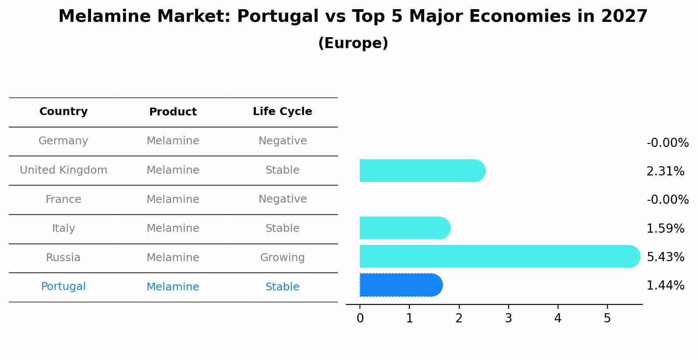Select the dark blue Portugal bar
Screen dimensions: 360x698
click(401, 285)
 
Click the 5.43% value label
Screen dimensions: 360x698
click(665, 257)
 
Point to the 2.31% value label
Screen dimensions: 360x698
click(665, 171)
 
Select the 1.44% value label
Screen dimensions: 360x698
click(665, 286)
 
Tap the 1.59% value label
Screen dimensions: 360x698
click(665, 228)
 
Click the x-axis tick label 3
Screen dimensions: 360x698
click(508, 318)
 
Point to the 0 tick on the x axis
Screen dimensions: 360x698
click(360, 318)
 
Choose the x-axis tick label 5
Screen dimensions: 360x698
click(607, 318)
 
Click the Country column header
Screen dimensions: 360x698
click(63, 112)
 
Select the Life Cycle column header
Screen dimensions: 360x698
click(282, 112)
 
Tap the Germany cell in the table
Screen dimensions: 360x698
click(63, 141)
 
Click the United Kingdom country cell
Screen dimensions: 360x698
click(63, 170)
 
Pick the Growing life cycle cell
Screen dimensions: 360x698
click(282, 258)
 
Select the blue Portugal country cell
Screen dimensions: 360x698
click(63, 287)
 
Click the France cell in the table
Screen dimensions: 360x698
click(63, 199)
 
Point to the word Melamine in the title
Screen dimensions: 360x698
click(103, 17)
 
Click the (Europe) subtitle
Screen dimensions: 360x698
click(353, 43)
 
